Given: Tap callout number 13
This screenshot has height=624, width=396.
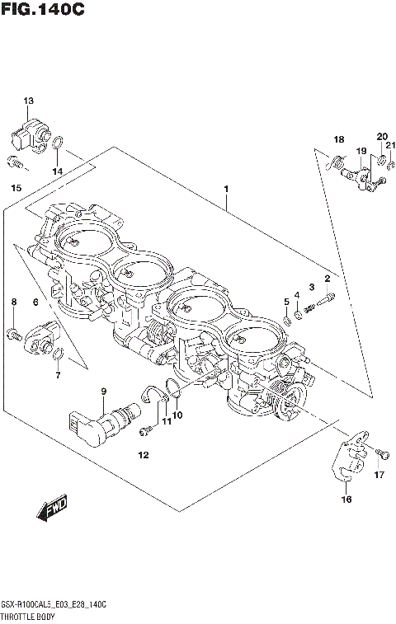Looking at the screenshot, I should click(x=28, y=101).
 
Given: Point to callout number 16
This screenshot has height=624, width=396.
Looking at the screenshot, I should click(x=346, y=500).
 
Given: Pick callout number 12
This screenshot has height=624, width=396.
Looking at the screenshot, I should click(x=143, y=455).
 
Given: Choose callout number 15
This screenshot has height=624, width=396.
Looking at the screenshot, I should click(x=16, y=189).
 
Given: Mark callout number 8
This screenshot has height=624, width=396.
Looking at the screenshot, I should click(x=13, y=303).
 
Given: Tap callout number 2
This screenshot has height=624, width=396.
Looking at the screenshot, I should click(x=327, y=278).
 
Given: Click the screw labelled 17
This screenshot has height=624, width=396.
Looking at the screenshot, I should click(x=380, y=453).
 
